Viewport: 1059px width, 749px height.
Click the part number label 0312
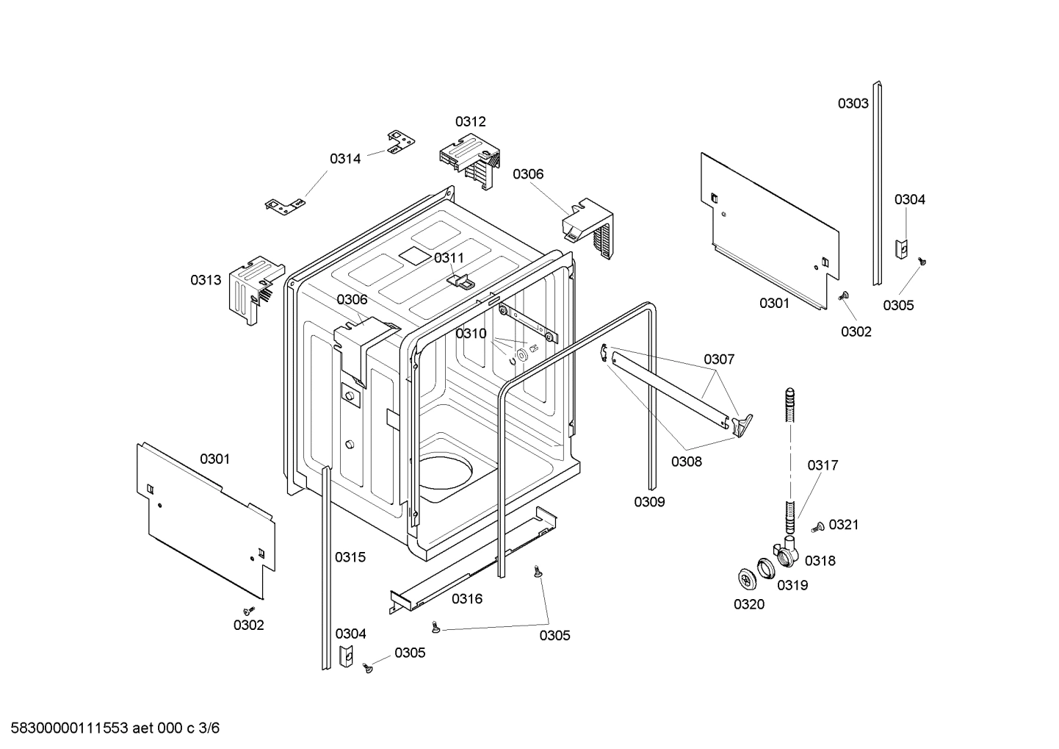click(470, 121)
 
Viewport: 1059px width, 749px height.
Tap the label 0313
click(206, 280)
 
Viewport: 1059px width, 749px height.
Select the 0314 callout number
click(345, 158)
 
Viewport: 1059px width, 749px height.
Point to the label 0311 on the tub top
click(449, 257)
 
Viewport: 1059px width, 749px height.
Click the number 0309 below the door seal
click(649, 502)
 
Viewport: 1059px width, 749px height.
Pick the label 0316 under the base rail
click(467, 598)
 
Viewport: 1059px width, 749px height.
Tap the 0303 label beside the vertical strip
click(853, 104)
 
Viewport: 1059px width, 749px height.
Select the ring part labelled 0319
click(767, 567)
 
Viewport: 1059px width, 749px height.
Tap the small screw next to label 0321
click(817, 526)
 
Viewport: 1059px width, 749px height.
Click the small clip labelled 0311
click(460, 280)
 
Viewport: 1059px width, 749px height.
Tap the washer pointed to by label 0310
click(521, 356)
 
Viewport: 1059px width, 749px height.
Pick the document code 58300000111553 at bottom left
click(65, 728)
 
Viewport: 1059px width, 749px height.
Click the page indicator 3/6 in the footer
click(209, 728)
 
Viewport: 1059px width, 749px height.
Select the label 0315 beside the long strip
click(350, 557)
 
